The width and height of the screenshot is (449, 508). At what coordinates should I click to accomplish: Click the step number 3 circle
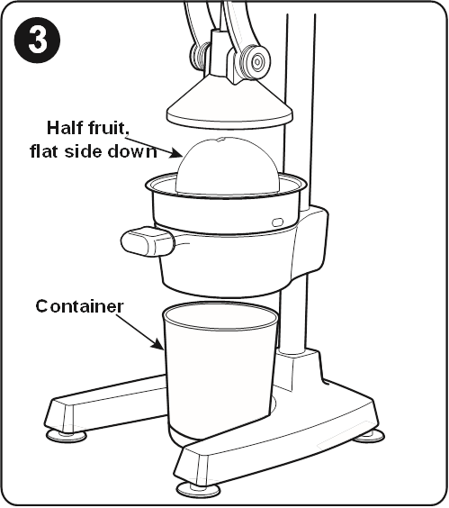coord(37,40)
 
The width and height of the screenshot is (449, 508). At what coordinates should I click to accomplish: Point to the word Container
coord(79,306)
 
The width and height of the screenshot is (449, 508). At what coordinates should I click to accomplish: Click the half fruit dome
coord(227,166)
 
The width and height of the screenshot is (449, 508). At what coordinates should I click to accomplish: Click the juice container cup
coord(220,369)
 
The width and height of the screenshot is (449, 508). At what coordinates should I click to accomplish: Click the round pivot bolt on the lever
coord(256,61)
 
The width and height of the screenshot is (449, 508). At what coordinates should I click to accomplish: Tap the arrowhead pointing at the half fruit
coord(176,153)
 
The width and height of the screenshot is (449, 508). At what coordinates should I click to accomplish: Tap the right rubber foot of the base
coord(368,435)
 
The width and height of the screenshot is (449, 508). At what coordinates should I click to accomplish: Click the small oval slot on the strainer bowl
coord(277,222)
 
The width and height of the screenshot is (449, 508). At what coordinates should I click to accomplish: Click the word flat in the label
coord(44,151)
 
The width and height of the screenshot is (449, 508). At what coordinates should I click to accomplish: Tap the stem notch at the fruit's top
coord(220,140)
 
